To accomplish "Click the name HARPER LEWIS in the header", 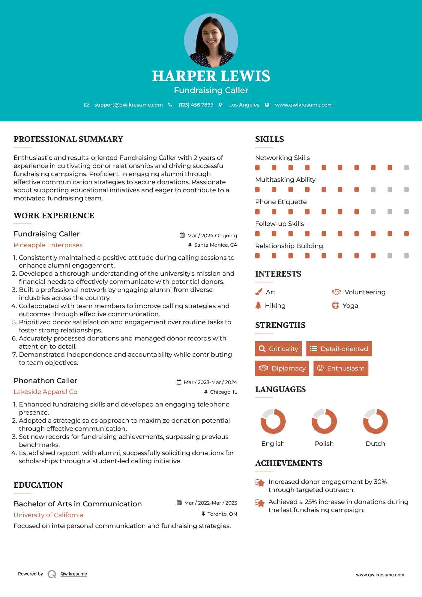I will click(x=211, y=76).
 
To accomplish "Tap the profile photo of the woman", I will click(x=211, y=40).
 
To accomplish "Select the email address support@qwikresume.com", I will click(x=128, y=105).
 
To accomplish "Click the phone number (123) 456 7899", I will click(x=196, y=105).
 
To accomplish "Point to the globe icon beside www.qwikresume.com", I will click(x=267, y=105).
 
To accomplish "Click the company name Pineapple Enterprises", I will click(x=48, y=245).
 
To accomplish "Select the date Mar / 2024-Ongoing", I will click(x=212, y=235).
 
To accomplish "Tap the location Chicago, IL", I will click(x=223, y=392).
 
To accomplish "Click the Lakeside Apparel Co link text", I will click(x=45, y=392).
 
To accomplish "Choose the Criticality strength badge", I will click(x=278, y=349).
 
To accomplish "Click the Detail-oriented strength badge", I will click(x=339, y=349).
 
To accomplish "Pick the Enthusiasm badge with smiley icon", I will click(x=341, y=368).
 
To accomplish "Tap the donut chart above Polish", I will click(x=324, y=421).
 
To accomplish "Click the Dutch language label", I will click(x=375, y=444).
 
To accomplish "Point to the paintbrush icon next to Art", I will click(x=259, y=292).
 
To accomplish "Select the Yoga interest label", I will click(x=350, y=306).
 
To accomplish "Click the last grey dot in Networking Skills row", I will click(x=406, y=168).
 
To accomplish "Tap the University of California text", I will click(x=48, y=515).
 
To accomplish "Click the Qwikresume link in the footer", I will click(x=73, y=574).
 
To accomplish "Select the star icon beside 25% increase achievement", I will click(x=260, y=503).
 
